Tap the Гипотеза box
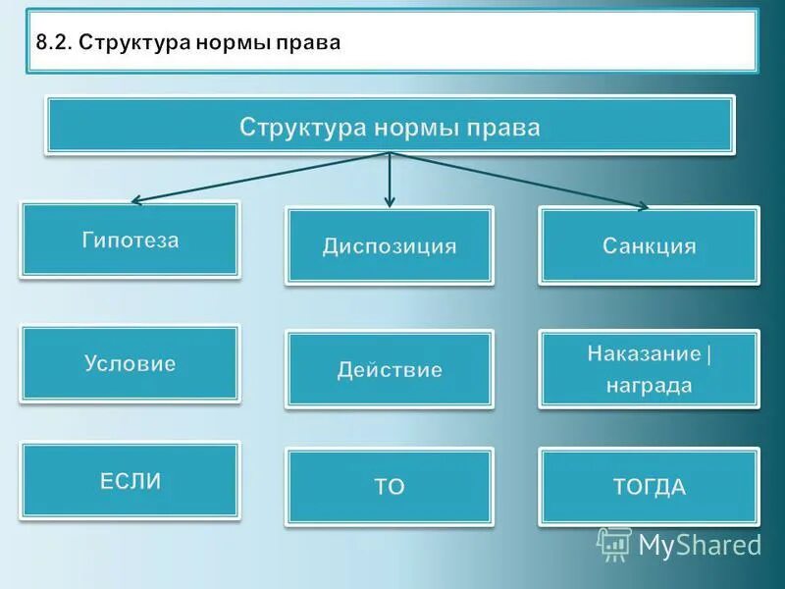click(x=130, y=240)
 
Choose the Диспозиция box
click(x=390, y=245)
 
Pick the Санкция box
click(x=649, y=245)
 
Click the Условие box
click(x=130, y=363)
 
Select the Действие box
click(x=390, y=370)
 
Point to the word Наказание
click(x=644, y=353)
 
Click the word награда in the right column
click(x=649, y=386)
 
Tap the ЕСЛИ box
click(x=130, y=480)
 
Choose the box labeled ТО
click(x=390, y=487)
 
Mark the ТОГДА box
click(x=649, y=487)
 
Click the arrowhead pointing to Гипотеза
click(x=137, y=200)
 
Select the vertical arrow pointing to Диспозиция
click(x=390, y=182)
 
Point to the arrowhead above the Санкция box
click(x=642, y=206)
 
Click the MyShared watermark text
click(x=699, y=544)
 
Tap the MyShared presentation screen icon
click(x=613, y=544)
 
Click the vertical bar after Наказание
click(x=708, y=353)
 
